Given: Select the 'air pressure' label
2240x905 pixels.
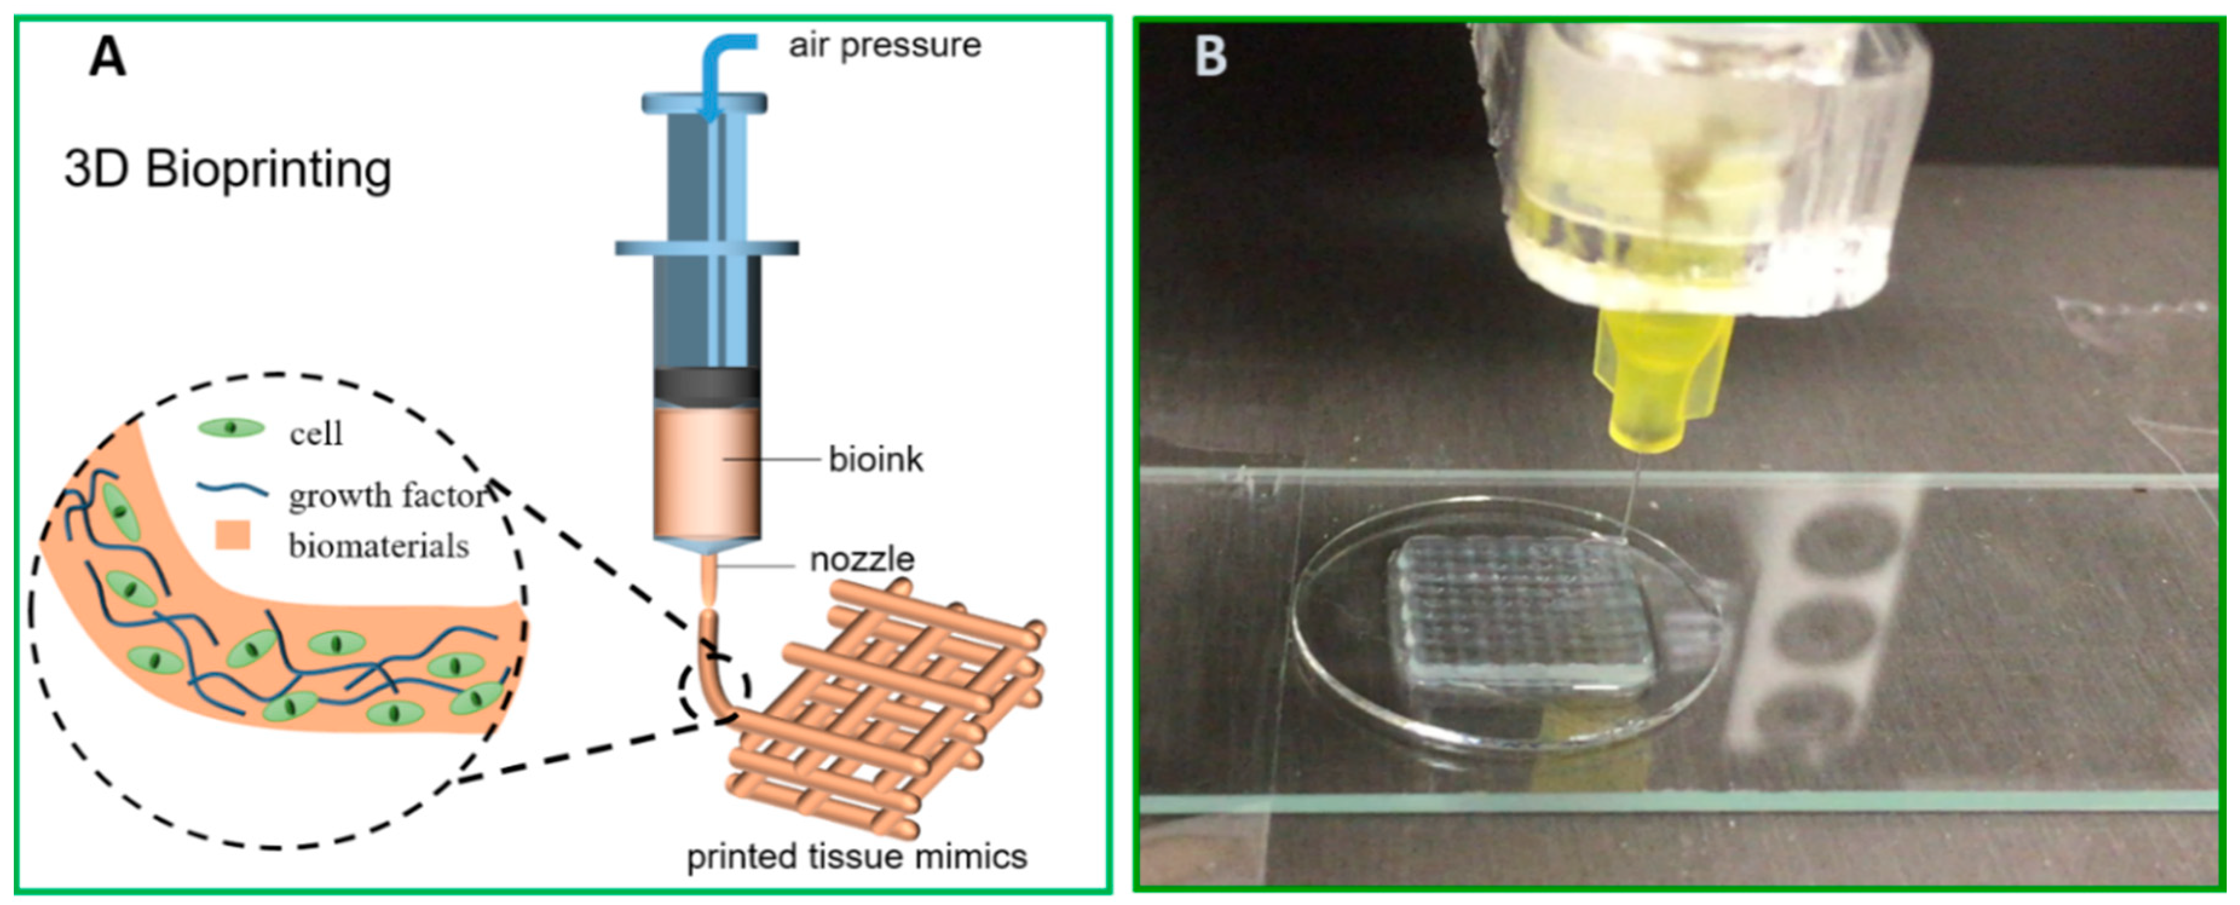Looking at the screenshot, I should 884,45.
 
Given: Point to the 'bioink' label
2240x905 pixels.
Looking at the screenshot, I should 875,459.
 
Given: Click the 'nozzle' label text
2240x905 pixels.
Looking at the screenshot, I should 862,559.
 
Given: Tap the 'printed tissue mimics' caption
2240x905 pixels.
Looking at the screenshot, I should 856,856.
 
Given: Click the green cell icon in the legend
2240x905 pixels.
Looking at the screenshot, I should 231,428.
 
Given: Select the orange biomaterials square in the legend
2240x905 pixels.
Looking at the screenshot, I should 232,536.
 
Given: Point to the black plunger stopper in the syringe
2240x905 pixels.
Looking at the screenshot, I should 707,385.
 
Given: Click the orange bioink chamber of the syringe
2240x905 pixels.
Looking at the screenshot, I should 707,474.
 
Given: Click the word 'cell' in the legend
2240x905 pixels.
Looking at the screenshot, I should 316,433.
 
